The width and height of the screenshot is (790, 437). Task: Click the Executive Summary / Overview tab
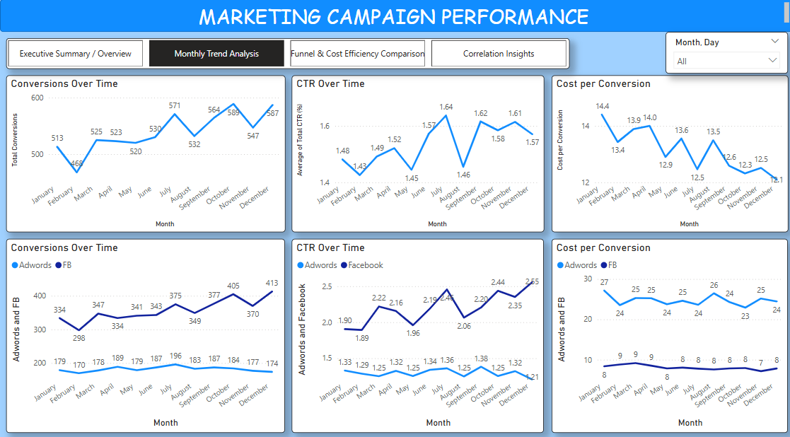[75, 54]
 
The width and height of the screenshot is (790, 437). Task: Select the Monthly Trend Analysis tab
[216, 54]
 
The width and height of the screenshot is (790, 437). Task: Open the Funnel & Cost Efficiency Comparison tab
[357, 54]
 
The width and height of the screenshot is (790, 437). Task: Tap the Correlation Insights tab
[499, 54]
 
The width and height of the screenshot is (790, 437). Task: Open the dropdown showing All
[726, 62]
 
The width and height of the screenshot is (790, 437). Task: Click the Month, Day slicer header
[697, 42]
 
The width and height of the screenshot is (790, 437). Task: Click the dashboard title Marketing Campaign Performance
[393, 16]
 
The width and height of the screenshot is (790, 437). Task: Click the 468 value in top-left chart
[76, 164]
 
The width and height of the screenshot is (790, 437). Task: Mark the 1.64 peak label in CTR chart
[446, 107]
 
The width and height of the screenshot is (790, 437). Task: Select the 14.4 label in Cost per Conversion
[602, 107]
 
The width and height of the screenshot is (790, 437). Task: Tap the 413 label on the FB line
[272, 284]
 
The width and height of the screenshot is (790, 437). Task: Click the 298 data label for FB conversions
[79, 337]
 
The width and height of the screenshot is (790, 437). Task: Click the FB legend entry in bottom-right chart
[608, 265]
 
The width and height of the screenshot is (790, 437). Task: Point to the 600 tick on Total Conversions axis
[37, 98]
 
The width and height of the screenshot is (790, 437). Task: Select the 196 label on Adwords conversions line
[175, 356]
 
